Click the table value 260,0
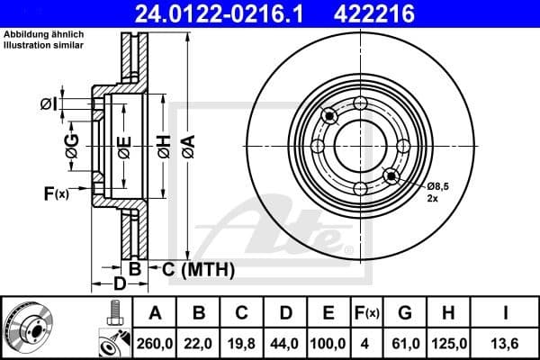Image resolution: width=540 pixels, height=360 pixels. coord(155,342)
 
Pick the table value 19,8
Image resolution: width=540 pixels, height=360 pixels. coord(242,342)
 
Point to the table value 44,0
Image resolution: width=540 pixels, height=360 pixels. coord(285,342)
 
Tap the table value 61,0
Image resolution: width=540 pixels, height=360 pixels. coord(405,342)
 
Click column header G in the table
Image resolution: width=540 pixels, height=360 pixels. coord(405,313)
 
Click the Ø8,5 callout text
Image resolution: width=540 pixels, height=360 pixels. coord(438,185)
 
